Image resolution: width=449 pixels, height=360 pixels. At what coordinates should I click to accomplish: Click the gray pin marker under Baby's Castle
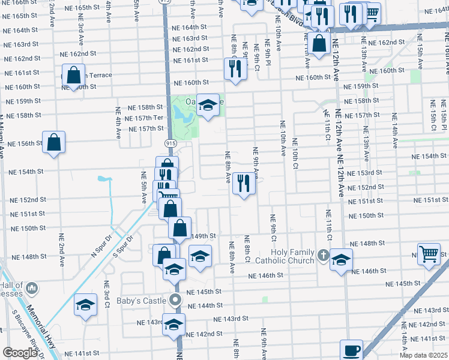pyautogui.click(x=175, y=300)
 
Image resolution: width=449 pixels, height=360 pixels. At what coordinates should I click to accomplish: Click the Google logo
pyautogui.click(x=20, y=353)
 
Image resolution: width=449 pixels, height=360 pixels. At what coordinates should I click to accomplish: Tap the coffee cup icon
pyautogui.click(x=351, y=350)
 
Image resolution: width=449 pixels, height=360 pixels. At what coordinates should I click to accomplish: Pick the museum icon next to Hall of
pyautogui.click(x=32, y=289)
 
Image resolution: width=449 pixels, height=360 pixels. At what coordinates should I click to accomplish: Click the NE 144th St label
pyautogui.click(x=205, y=305)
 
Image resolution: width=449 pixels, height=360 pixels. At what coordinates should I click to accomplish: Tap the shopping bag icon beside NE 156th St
pyautogui.click(x=53, y=142)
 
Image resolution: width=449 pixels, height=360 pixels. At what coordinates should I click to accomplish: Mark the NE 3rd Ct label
pyautogui.click(x=106, y=294)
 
